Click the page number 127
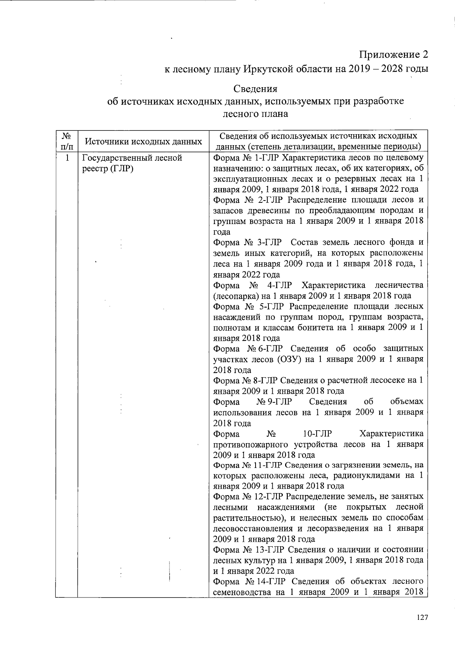(x=422, y=618)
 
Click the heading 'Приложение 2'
(x=394, y=55)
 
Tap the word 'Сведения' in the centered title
(x=255, y=89)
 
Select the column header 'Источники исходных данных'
(x=143, y=142)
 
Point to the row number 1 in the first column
(x=67, y=158)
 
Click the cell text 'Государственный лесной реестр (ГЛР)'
(x=132, y=163)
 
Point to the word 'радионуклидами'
(x=371, y=475)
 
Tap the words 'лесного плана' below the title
(x=255, y=113)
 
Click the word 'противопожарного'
(x=248, y=444)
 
